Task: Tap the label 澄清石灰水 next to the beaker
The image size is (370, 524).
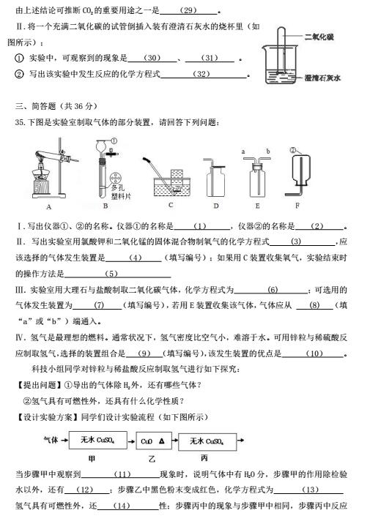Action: coord(324,75)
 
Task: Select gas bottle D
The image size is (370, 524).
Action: coord(215,179)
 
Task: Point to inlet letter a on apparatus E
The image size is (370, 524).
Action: coord(242,151)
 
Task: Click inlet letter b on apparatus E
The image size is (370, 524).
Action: coord(268,151)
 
